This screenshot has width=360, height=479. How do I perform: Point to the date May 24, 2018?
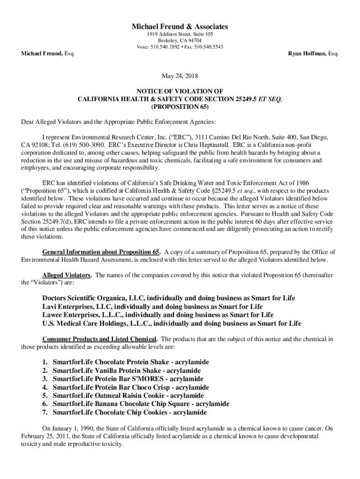click(x=180, y=75)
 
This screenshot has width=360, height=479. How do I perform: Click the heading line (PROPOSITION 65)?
click(x=180, y=106)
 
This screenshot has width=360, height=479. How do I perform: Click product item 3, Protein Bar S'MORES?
click(x=128, y=379)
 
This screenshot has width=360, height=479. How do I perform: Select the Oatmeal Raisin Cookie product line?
click(x=128, y=396)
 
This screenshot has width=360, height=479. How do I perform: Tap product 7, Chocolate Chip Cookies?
click(x=130, y=413)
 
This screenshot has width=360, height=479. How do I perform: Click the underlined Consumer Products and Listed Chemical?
click(x=100, y=339)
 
